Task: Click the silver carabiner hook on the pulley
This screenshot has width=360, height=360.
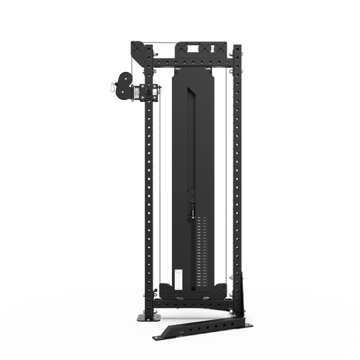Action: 111,85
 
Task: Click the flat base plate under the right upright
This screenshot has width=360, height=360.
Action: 238,323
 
